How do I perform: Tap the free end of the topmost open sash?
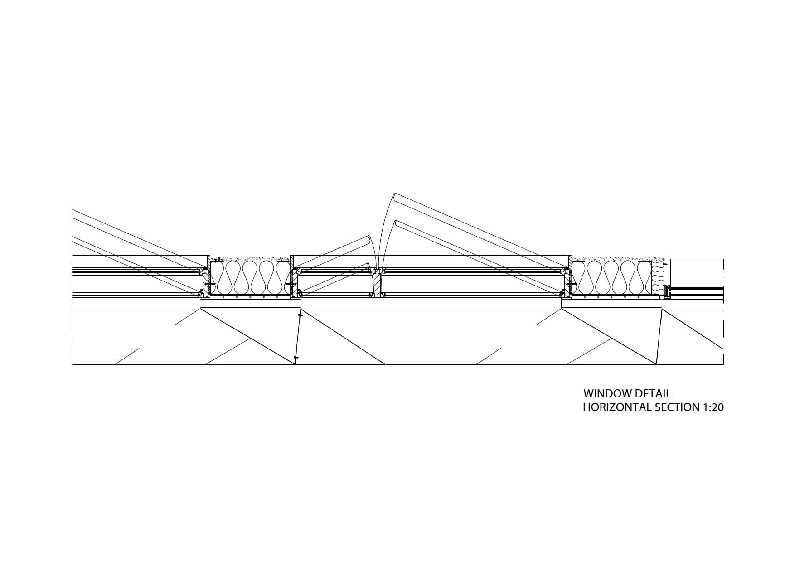tap(395, 198)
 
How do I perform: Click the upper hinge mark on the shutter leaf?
tap(300, 314)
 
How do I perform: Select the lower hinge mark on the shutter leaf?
tap(296, 358)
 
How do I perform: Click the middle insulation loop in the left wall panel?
tap(250, 277)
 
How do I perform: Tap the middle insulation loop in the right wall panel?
tap(611, 277)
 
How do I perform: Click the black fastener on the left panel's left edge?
tap(209, 285)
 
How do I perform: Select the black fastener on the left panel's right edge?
tap(289, 285)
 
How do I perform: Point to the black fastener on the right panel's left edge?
tap(570, 284)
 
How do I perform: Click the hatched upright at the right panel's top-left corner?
tap(569, 262)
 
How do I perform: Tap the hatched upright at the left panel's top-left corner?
tap(208, 262)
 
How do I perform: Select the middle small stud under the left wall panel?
tap(251, 298)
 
